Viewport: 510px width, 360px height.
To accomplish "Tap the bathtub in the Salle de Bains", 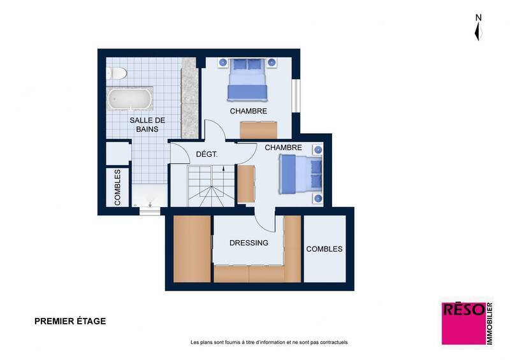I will [129, 99].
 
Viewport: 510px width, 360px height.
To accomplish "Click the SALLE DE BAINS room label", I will [147, 124].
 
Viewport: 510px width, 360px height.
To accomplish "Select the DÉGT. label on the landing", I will [207, 154].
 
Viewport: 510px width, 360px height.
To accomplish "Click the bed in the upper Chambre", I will [246, 79].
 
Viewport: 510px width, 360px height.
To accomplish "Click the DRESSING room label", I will [249, 243].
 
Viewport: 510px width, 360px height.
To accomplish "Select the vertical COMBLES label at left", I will [118, 187].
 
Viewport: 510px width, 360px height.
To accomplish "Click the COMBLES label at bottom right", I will [324, 249].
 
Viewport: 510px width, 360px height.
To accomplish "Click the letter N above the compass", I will [478, 17].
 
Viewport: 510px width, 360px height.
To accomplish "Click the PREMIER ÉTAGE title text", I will [70, 321].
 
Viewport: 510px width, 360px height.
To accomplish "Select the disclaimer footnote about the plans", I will [269, 343].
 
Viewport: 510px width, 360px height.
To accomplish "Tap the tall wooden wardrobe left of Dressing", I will [192, 249].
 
